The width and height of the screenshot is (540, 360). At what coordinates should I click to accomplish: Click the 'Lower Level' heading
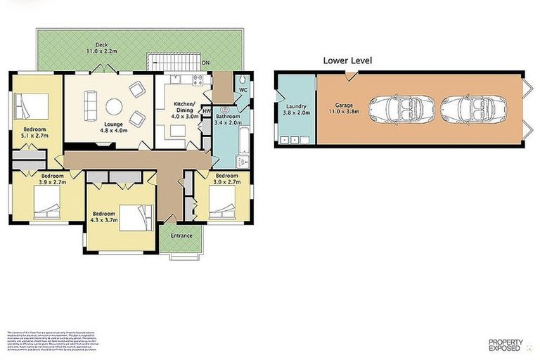click(347, 60)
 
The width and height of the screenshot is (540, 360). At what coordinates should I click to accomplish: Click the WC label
click(243, 91)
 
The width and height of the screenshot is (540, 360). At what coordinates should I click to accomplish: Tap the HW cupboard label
click(206, 111)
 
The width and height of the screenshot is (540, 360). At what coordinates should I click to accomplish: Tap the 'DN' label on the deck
click(205, 63)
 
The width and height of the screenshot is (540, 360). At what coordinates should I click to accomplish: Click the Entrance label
click(181, 236)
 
